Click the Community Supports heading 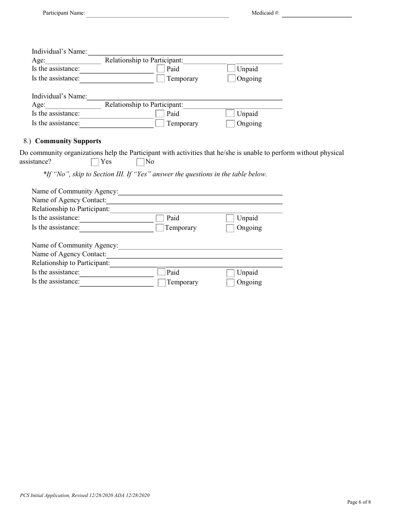[68, 141]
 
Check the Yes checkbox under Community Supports [95, 162]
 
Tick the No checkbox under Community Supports [140, 162]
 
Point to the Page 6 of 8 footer [359, 502]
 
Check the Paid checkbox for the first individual [160, 69]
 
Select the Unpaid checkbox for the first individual [231, 68]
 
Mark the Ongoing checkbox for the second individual [230, 124]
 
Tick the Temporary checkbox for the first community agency [160, 228]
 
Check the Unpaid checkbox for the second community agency [230, 273]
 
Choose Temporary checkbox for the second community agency [162, 283]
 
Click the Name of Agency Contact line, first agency [194, 200]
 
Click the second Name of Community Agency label [75, 245]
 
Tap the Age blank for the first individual [73, 60]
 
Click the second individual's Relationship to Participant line [233, 105]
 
